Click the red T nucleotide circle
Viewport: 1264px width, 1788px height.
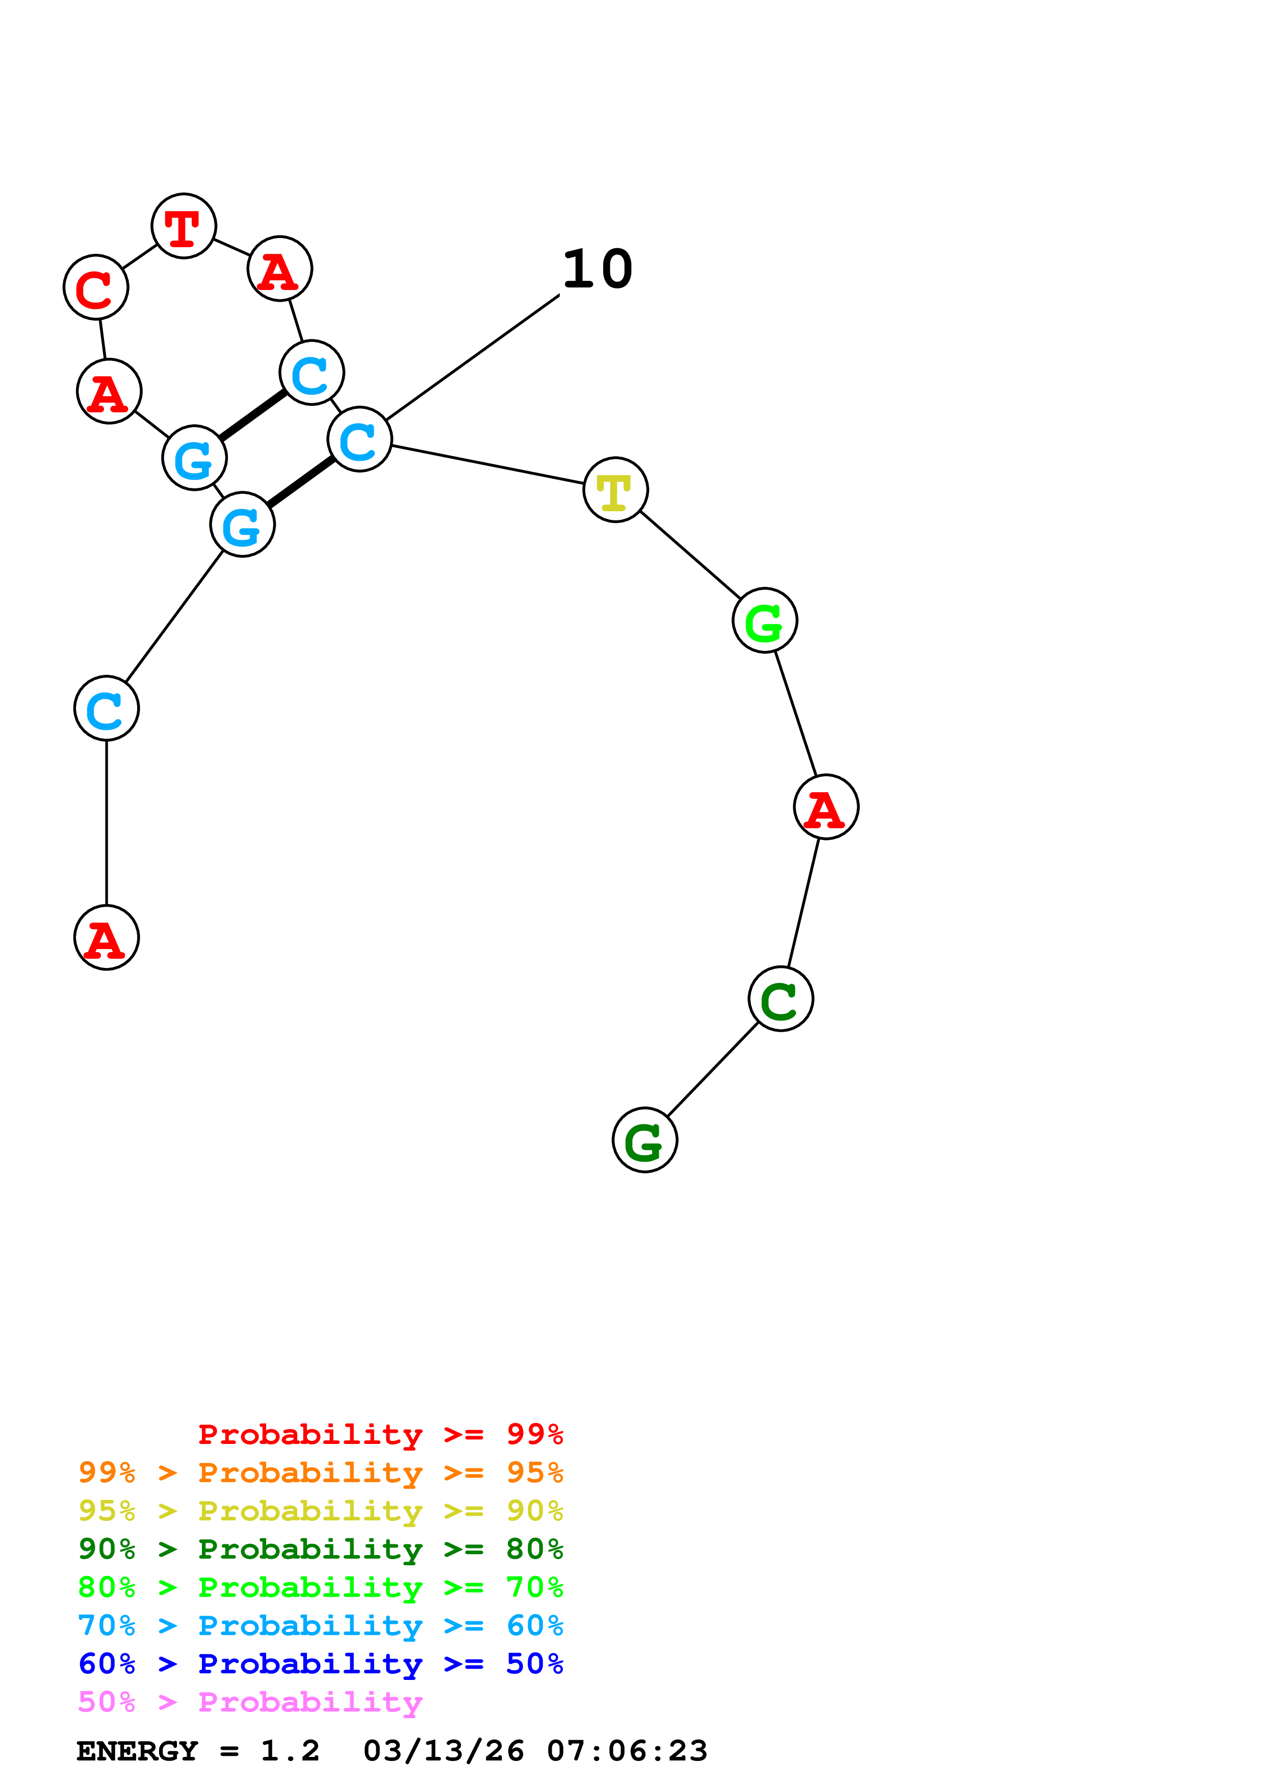click(184, 226)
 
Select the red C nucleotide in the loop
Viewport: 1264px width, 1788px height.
click(96, 287)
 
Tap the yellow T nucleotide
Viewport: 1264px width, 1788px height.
click(615, 490)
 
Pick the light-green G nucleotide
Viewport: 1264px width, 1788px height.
click(765, 621)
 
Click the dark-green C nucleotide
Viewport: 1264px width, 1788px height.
click(780, 999)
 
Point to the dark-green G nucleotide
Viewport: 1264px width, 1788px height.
click(645, 1140)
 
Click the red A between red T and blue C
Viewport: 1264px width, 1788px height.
click(279, 269)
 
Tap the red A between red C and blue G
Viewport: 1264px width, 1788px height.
click(109, 391)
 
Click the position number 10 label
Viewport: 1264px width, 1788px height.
click(598, 270)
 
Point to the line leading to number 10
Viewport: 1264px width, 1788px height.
click(473, 357)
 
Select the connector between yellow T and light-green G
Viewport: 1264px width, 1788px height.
click(690, 555)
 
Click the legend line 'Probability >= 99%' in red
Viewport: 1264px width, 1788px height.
click(380, 1434)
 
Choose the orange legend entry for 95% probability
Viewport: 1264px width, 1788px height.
click(320, 1473)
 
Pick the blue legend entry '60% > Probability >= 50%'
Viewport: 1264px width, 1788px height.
click(320, 1664)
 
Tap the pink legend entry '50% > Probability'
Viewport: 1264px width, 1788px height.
click(250, 1702)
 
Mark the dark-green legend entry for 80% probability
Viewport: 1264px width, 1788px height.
click(320, 1549)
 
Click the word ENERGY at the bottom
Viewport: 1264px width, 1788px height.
click(137, 1751)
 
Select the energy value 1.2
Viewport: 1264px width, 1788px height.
click(290, 1751)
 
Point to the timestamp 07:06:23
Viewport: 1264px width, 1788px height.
click(627, 1751)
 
